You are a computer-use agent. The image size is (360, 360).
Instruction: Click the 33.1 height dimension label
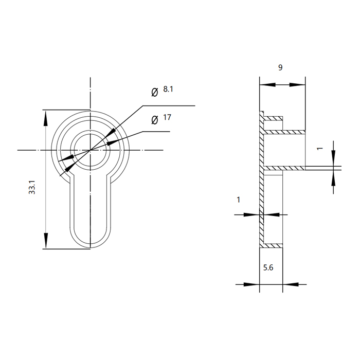(32, 187)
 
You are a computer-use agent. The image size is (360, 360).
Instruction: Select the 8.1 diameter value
(168, 89)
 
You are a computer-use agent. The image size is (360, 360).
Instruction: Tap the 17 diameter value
(167, 117)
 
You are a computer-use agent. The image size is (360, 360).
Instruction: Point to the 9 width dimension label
(280, 67)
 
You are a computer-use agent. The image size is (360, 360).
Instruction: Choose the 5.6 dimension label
(268, 267)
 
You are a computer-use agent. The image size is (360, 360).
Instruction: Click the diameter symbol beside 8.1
(155, 92)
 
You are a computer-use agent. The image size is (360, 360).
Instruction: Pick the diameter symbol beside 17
(155, 120)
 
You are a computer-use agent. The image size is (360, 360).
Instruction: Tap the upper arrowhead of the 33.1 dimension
(46, 118)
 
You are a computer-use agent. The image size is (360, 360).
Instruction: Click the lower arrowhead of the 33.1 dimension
(46, 241)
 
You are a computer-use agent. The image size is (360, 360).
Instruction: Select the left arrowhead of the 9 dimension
(267, 85)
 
